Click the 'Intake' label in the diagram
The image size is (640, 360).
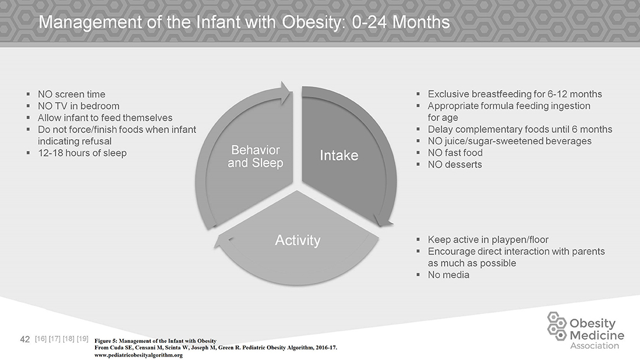coord(339,155)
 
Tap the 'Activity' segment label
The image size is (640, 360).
coord(298,240)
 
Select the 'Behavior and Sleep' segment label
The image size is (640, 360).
coord(256,156)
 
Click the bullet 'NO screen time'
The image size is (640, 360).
coord(71,94)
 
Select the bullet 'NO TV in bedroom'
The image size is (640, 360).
coord(79,106)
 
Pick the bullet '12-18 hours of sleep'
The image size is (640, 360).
coord(82,153)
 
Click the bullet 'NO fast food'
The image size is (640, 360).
coord(455,153)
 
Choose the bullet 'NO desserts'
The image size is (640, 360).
coord(455,165)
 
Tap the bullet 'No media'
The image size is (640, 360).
coord(448,274)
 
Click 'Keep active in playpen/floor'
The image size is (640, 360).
coord(488,240)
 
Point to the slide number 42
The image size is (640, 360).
coord(25,339)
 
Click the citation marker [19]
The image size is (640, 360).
coord(83,339)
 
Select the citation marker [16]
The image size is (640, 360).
coord(41,339)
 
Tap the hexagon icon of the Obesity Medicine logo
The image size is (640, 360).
coord(557,326)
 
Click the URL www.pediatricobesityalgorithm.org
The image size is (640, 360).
coord(138,355)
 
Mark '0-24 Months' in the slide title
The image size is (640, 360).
coord(400,22)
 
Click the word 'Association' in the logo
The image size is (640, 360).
coord(595,346)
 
